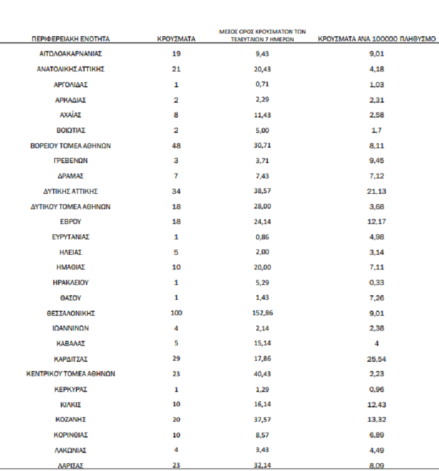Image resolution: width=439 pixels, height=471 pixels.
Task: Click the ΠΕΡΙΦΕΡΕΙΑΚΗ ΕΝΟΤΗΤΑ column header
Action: (71, 40)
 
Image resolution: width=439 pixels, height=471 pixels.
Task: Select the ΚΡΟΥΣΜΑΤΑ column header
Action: (176, 40)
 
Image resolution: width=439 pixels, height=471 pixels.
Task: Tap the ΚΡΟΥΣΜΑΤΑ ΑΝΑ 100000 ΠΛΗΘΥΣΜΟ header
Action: (377, 40)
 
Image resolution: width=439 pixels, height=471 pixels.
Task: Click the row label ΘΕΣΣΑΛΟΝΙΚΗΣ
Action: (71, 313)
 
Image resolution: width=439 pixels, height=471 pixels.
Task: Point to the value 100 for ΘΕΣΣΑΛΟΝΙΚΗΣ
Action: (176, 313)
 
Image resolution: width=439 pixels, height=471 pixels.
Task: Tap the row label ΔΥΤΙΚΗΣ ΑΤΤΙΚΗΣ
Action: (71, 191)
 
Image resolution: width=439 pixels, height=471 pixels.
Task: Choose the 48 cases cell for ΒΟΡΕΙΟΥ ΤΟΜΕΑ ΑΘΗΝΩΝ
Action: (176, 145)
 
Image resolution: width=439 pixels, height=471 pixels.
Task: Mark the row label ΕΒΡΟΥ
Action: (71, 221)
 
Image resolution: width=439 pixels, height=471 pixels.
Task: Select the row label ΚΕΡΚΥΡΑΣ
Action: (71, 389)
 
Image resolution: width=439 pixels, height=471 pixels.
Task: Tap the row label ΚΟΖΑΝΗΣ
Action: (71, 419)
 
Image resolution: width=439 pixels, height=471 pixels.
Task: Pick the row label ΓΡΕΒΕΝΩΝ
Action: (71, 161)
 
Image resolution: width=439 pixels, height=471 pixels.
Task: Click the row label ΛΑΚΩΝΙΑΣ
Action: (71, 450)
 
